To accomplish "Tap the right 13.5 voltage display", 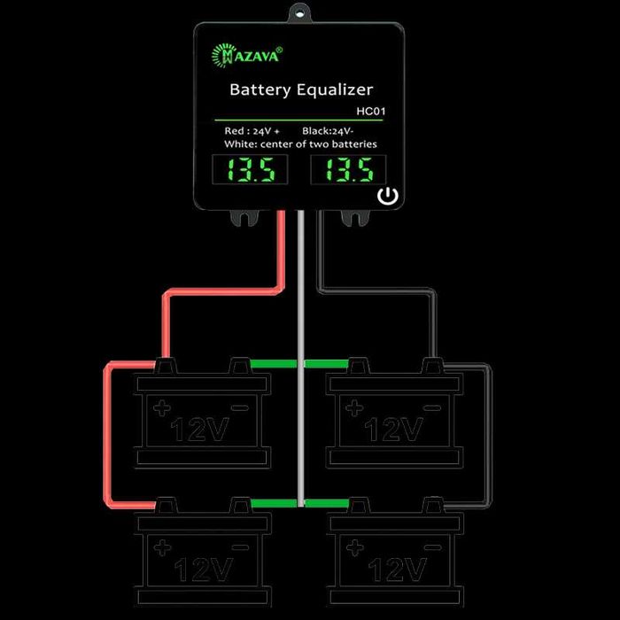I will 348,169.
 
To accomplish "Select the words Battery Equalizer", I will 301,89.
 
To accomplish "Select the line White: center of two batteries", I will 301,143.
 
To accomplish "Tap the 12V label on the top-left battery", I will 202,430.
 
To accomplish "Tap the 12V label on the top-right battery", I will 394,430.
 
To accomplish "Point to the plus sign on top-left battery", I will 161,408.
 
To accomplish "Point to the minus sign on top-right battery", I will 431,408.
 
